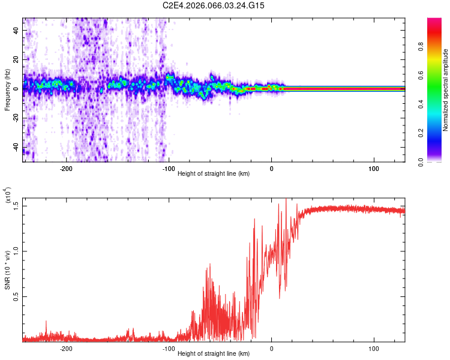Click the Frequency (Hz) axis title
[7, 90]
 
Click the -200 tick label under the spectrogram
[66, 169]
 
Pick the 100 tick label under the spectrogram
[374, 169]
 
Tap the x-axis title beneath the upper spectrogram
[214, 173]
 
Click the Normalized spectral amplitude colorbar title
[446, 90]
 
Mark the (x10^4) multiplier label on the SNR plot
[8, 196]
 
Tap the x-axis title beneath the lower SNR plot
[214, 353]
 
